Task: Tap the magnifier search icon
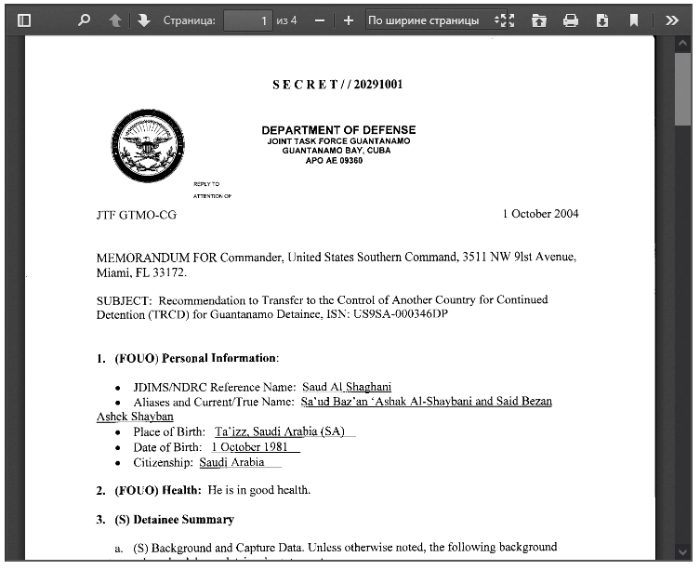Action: click(84, 20)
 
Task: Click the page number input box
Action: click(248, 20)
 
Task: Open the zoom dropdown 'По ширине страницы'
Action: click(429, 20)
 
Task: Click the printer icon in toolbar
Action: click(571, 20)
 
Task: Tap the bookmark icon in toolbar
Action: click(633, 20)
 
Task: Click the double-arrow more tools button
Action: click(672, 20)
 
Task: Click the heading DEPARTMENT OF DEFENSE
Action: click(338, 130)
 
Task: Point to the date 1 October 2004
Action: click(540, 214)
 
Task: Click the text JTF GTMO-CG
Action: click(136, 215)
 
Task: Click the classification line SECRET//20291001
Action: click(337, 85)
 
